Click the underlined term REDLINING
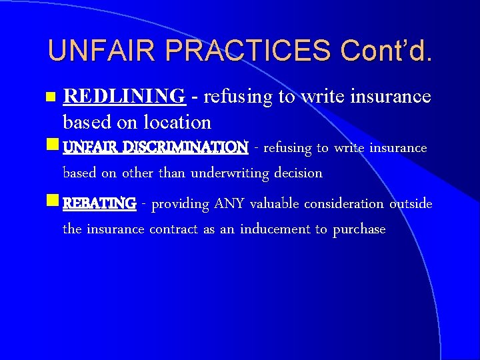(123, 97)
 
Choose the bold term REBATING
(99, 203)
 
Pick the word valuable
(275, 203)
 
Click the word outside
(411, 203)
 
